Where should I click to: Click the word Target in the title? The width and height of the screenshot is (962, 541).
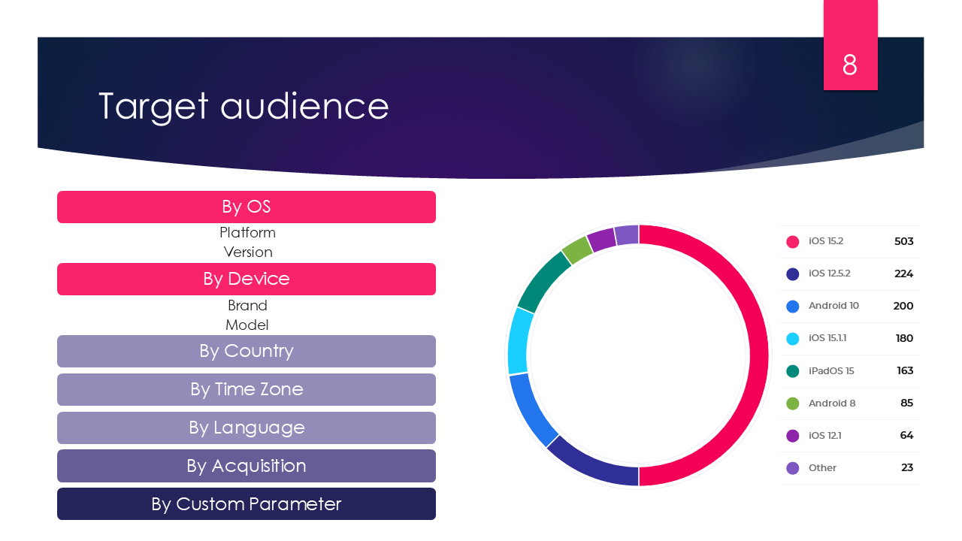[153, 106]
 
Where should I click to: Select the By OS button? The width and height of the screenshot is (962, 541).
[247, 207]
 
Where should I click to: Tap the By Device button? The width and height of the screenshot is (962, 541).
[247, 279]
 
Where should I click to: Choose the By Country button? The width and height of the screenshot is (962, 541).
[247, 351]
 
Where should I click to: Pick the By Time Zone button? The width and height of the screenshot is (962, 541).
[247, 389]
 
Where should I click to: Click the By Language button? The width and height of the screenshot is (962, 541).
[247, 428]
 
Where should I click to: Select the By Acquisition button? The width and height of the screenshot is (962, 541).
[247, 466]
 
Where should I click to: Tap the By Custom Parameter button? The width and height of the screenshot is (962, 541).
[247, 503]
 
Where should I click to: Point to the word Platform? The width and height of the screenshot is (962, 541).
[247, 232]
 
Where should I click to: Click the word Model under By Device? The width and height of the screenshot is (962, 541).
[247, 325]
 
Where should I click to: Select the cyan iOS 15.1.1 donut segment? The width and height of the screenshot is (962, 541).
[519, 340]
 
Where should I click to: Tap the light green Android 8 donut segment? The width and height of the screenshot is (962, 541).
[577, 249]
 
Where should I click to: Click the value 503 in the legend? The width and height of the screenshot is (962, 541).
[903, 241]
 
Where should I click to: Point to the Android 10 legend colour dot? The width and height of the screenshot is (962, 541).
[792, 306]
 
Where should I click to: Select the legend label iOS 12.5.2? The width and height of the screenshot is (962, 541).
[829, 274]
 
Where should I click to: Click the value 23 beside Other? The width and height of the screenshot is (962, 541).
[907, 467]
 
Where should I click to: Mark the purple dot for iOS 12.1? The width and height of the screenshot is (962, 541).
[792, 435]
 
